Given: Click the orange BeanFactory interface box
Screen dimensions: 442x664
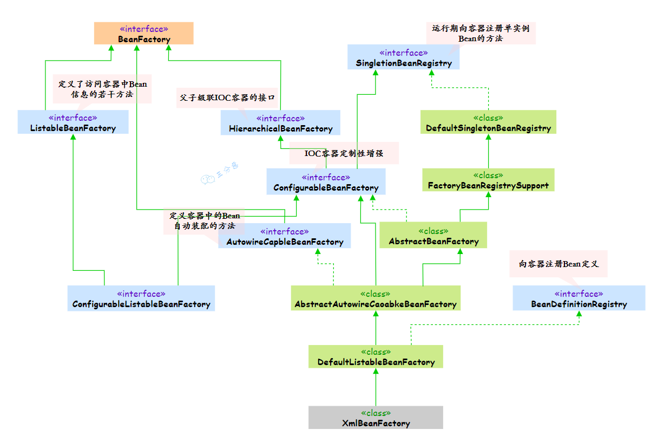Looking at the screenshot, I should pos(144,34).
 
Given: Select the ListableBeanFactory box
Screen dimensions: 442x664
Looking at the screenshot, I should pos(73,122).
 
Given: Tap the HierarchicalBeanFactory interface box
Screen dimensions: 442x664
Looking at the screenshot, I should pos(280,123).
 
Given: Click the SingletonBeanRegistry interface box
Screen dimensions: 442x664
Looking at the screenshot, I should pos(404,57).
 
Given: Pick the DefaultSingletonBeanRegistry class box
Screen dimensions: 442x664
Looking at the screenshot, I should pos(488,122).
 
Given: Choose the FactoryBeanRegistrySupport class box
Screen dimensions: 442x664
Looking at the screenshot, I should pos(488,180).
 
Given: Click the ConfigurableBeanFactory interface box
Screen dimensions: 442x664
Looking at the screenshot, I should pos(326,182).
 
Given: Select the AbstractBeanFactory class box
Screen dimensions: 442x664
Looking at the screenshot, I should pos(433,236).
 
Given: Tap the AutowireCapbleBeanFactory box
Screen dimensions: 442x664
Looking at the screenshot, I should pos(285,236).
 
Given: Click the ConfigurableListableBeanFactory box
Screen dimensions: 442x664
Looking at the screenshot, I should pos(141,298).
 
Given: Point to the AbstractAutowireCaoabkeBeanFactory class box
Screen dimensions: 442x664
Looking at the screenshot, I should pos(376,298).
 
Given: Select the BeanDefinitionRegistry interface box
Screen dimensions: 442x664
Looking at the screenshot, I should pos(579,298).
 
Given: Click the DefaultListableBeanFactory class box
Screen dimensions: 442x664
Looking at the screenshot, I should pos(376,356).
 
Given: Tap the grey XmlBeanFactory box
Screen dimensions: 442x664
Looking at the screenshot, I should pos(376,418).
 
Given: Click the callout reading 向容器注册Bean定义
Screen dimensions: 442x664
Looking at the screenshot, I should pos(558,264).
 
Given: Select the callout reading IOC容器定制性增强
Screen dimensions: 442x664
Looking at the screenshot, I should pos(344,153).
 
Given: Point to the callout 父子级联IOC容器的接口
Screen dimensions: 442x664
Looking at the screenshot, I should pos(227,98).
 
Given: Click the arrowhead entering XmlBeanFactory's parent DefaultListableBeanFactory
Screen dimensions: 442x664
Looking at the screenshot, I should pos(376,372).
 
